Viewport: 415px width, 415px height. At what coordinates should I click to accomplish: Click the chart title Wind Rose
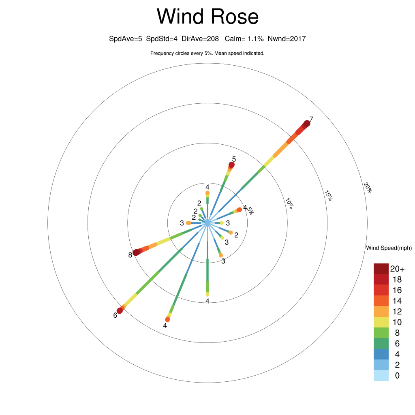click(x=207, y=17)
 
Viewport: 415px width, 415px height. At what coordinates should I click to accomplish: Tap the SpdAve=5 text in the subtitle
click(x=126, y=39)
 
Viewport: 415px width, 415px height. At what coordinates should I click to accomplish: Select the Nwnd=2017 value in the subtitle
click(x=287, y=39)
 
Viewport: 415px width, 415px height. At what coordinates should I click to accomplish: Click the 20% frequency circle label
click(x=367, y=188)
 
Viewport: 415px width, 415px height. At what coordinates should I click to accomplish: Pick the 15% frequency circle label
click(x=328, y=195)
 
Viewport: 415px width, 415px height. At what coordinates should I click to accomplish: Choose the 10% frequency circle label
click(x=289, y=203)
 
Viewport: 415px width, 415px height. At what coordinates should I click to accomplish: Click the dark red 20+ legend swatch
click(x=381, y=268)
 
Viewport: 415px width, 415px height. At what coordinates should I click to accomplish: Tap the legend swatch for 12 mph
click(x=381, y=311)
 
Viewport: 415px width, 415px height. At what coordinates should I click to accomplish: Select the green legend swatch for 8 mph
click(x=381, y=333)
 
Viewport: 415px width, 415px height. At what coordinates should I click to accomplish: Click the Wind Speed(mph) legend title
click(x=389, y=248)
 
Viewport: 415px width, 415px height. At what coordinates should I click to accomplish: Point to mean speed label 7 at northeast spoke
click(x=311, y=119)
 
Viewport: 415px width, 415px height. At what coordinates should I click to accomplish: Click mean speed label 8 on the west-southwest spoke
click(x=130, y=255)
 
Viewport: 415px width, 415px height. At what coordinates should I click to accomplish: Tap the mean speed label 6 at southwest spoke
click(x=116, y=315)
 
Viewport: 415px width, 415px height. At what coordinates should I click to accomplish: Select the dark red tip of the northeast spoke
click(x=306, y=124)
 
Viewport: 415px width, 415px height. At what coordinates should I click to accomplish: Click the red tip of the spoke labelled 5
click(x=231, y=165)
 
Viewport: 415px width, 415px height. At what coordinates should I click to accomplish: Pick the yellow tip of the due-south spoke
click(x=207, y=294)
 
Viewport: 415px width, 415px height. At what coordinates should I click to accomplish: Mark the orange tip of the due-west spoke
click(x=188, y=223)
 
